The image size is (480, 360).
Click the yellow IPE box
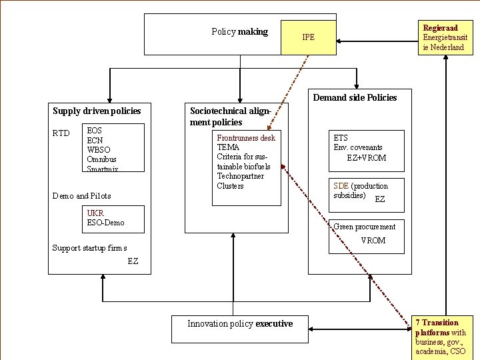[x=308, y=37]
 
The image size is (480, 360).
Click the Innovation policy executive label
[x=240, y=324]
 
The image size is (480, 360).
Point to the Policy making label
[x=239, y=31]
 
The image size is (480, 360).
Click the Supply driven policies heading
[x=97, y=110]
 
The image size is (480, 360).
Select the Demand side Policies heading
[x=355, y=97]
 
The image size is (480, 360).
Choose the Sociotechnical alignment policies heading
[x=230, y=117]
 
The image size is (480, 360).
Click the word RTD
[x=61, y=133]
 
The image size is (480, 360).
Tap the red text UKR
[x=95, y=213]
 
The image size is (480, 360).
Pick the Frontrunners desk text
[x=246, y=138]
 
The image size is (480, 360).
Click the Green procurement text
[x=364, y=227]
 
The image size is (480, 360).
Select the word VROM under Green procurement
[x=373, y=241]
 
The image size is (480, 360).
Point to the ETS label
[x=341, y=138]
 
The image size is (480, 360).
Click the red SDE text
[x=341, y=186]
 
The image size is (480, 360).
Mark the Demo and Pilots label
[x=81, y=196]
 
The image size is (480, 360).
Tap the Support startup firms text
[x=89, y=248]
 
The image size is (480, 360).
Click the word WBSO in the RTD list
[x=99, y=150]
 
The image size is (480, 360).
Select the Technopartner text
[x=240, y=176]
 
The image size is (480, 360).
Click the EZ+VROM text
[x=366, y=158]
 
